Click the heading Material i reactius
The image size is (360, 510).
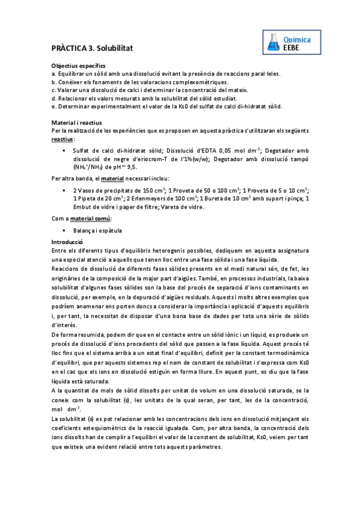point(76,123)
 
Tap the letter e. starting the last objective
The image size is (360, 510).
point(54,106)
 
